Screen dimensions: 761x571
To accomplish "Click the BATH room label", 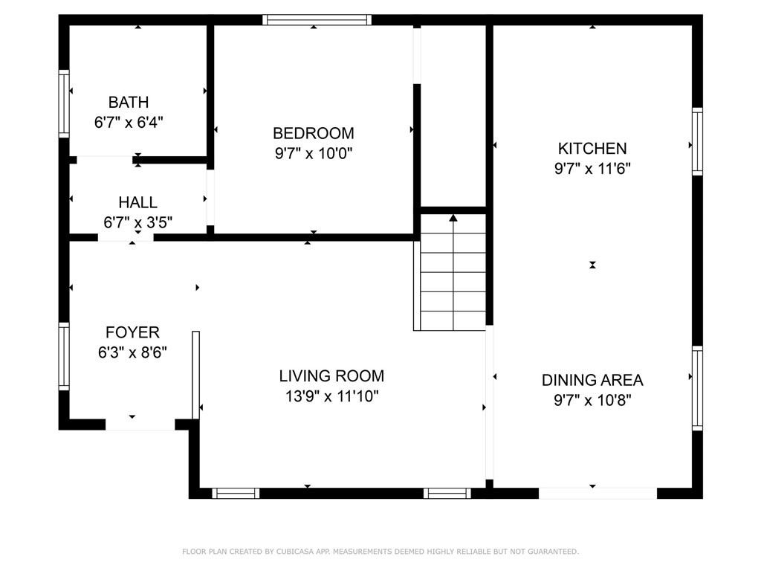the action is point(128,103).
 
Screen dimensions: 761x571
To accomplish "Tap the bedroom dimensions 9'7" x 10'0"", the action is point(314,153).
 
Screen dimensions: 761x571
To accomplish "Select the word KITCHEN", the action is point(592,148).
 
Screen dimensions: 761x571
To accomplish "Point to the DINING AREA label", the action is point(592,380).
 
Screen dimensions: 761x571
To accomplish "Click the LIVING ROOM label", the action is point(331,375).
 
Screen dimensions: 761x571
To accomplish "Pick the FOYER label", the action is point(132,332).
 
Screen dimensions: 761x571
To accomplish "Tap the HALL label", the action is point(137,202).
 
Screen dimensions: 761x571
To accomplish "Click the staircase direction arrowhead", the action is point(453,218).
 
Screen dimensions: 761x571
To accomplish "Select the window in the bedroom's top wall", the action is point(317,20).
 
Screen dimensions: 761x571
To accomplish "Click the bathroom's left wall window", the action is point(64,103).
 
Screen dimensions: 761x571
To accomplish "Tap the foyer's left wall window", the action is point(64,356).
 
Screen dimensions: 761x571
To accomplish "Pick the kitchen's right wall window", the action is point(697,141).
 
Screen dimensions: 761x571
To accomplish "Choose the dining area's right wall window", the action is point(697,388).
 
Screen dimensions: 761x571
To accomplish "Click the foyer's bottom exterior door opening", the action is point(140,425).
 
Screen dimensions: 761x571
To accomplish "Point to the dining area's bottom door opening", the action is point(598,494).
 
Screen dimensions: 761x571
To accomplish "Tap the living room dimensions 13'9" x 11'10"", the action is point(331,396).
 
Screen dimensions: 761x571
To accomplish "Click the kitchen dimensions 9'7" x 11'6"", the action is point(592,169).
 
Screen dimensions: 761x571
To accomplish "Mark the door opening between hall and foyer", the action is point(126,237).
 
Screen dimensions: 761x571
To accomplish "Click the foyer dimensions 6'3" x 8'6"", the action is point(132,352).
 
